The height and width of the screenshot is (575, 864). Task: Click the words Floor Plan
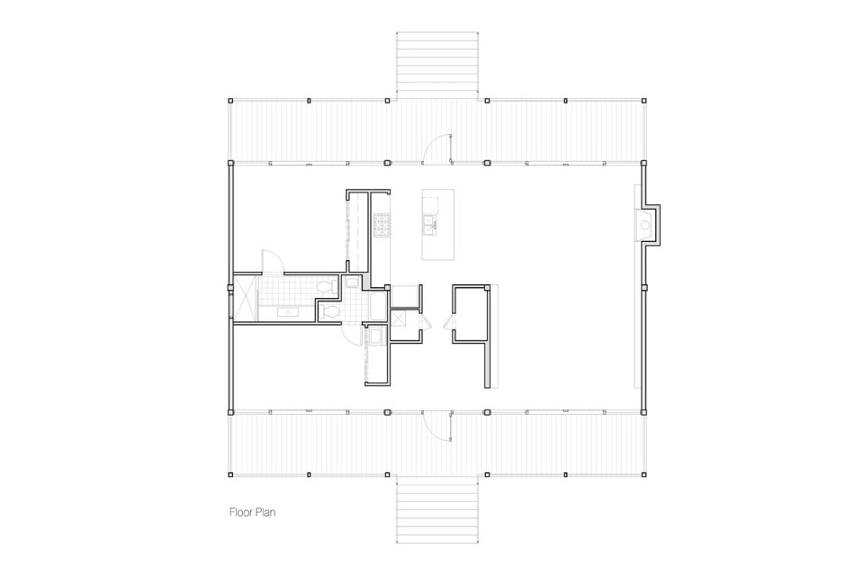coord(252,512)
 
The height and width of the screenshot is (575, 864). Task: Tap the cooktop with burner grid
coord(382,223)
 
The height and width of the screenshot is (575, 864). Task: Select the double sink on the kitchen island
coord(429,222)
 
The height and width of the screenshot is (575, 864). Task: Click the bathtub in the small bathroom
coord(379,308)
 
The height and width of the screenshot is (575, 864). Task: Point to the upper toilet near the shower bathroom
coord(328,286)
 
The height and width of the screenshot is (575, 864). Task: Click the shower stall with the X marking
coord(245,298)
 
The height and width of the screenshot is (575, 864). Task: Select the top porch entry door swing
coord(438,148)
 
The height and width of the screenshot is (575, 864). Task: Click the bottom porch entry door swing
coord(438,427)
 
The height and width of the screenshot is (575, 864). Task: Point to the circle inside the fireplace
coord(645,225)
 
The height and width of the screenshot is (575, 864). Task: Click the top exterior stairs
coord(437,66)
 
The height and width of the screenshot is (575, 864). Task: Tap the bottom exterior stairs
coord(437,508)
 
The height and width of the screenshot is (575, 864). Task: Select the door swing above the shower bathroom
coord(272,262)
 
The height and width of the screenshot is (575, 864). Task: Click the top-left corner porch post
coord(231,101)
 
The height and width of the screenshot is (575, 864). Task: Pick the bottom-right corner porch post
coord(643,474)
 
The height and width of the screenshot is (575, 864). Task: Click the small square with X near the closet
coord(398,319)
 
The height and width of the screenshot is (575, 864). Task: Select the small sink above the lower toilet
coord(352,283)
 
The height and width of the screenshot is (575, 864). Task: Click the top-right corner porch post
coord(643,101)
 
